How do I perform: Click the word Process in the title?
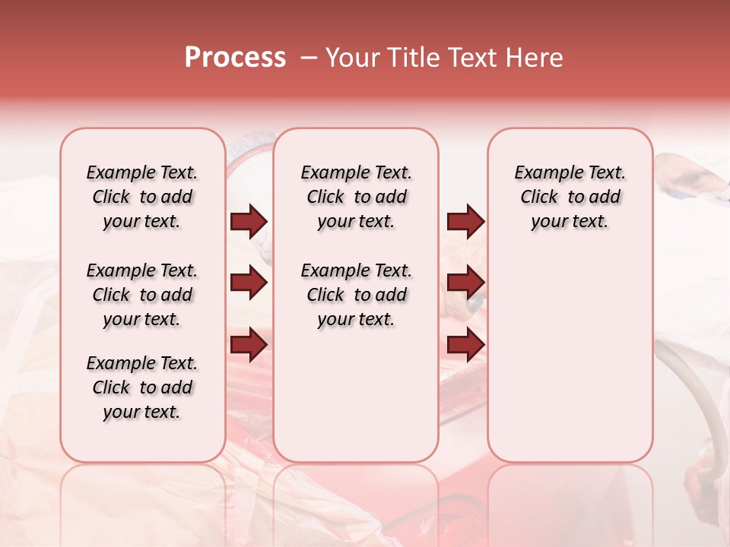235,58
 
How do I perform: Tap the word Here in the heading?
535,58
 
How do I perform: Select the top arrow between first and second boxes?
249,222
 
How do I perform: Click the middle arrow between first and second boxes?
249,283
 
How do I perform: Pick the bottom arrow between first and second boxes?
249,345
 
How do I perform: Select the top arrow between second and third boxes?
465,222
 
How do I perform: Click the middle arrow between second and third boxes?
465,283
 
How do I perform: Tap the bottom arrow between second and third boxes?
465,345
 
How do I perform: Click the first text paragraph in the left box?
142,197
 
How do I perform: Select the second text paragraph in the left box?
142,295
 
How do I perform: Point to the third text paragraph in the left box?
142,387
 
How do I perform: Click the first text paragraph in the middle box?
356,197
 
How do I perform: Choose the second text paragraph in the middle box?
356,295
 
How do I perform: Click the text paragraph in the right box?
570,197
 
